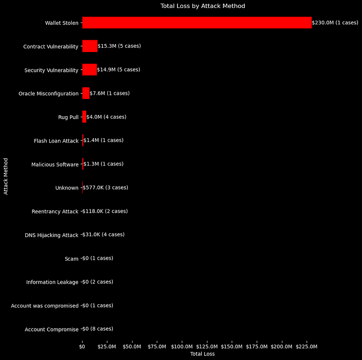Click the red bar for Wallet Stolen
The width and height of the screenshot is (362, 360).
pyautogui.click(x=197, y=22)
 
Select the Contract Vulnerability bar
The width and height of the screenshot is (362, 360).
pyautogui.click(x=90, y=46)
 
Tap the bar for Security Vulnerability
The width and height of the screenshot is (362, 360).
pyautogui.click(x=89, y=70)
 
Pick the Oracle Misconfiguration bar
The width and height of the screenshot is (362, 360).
pyautogui.click(x=86, y=93)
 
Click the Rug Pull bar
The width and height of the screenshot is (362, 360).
pyautogui.click(x=84, y=117)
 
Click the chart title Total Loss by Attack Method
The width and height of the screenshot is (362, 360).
pyautogui.click(x=203, y=6)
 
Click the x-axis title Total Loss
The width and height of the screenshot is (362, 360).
pyautogui.click(x=202, y=354)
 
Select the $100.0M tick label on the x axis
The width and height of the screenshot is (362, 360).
pyautogui.click(x=182, y=346)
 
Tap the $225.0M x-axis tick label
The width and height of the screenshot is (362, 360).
pyautogui.click(x=306, y=346)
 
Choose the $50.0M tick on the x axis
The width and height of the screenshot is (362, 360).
pyautogui.click(x=132, y=346)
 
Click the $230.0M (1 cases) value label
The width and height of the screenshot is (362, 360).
pyautogui.click(x=335, y=22)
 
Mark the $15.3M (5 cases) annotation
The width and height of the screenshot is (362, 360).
pyautogui.click(x=119, y=46)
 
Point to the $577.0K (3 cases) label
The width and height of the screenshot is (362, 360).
pyautogui.click(x=105, y=187)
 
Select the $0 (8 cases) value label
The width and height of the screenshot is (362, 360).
pyautogui.click(x=97, y=329)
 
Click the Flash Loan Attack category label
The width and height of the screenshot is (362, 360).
pyautogui.click(x=56, y=141)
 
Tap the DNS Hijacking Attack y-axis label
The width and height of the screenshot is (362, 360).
pyautogui.click(x=52, y=235)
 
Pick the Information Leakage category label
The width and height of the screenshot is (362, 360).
pyautogui.click(x=52, y=282)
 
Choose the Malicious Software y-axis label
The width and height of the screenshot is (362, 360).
pyautogui.click(x=55, y=165)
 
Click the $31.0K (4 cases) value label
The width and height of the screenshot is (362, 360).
pyautogui.click(x=103, y=234)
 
